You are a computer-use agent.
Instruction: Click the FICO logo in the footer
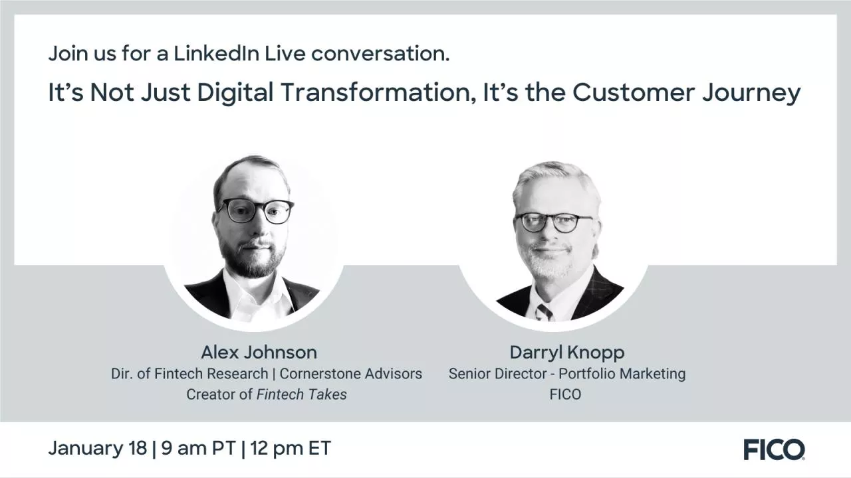[x=774, y=449]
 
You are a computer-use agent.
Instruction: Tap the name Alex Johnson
[x=259, y=352]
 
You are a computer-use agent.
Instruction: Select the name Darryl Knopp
[x=567, y=352]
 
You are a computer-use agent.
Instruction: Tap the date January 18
[x=97, y=448]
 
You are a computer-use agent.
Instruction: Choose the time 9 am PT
[x=198, y=448]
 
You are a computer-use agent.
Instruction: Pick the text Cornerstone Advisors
[x=350, y=374]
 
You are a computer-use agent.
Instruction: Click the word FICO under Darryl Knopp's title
[x=566, y=394]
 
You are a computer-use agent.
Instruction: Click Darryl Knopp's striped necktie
[x=545, y=311]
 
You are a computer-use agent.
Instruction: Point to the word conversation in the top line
[x=380, y=54]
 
